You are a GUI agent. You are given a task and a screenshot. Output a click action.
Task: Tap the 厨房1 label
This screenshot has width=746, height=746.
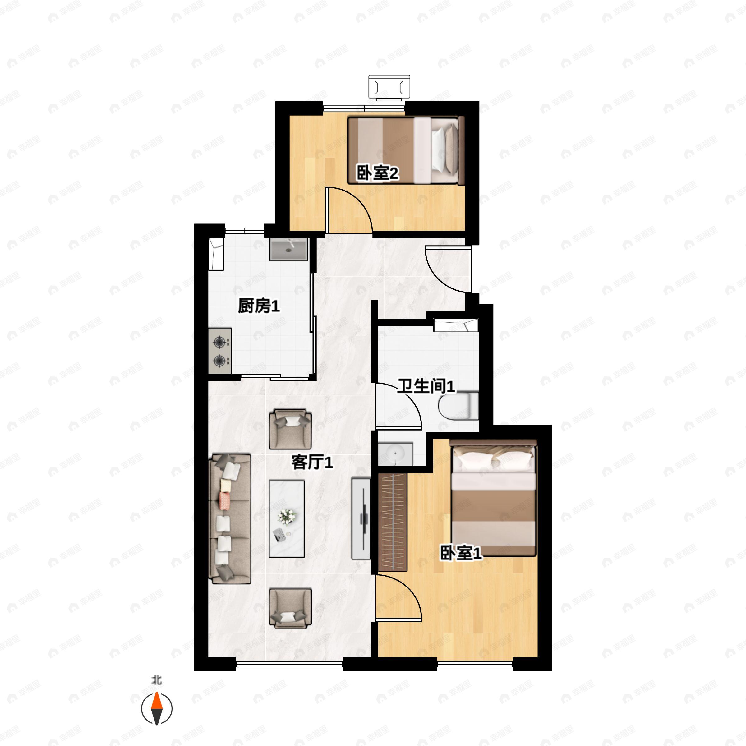[x=258, y=306]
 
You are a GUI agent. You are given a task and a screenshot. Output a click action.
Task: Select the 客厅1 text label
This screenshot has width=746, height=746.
[x=312, y=462]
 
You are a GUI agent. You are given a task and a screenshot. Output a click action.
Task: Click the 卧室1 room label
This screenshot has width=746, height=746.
[x=461, y=554]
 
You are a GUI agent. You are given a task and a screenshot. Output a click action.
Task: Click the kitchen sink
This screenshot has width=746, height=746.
[x=288, y=249]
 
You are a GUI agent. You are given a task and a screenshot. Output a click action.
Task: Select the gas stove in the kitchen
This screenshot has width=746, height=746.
[x=220, y=351]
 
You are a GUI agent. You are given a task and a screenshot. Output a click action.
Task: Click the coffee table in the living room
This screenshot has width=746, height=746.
[x=287, y=518]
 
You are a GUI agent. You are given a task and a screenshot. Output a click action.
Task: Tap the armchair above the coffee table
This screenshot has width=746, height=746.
[x=290, y=429]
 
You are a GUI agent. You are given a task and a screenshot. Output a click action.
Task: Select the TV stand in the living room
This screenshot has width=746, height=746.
[x=361, y=518]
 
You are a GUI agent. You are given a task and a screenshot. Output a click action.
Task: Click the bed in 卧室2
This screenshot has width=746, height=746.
[x=405, y=150]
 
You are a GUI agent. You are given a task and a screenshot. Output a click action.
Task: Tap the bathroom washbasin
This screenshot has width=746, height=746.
[x=395, y=454]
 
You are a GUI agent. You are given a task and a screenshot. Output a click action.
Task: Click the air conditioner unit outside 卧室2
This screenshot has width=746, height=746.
[x=389, y=88]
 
